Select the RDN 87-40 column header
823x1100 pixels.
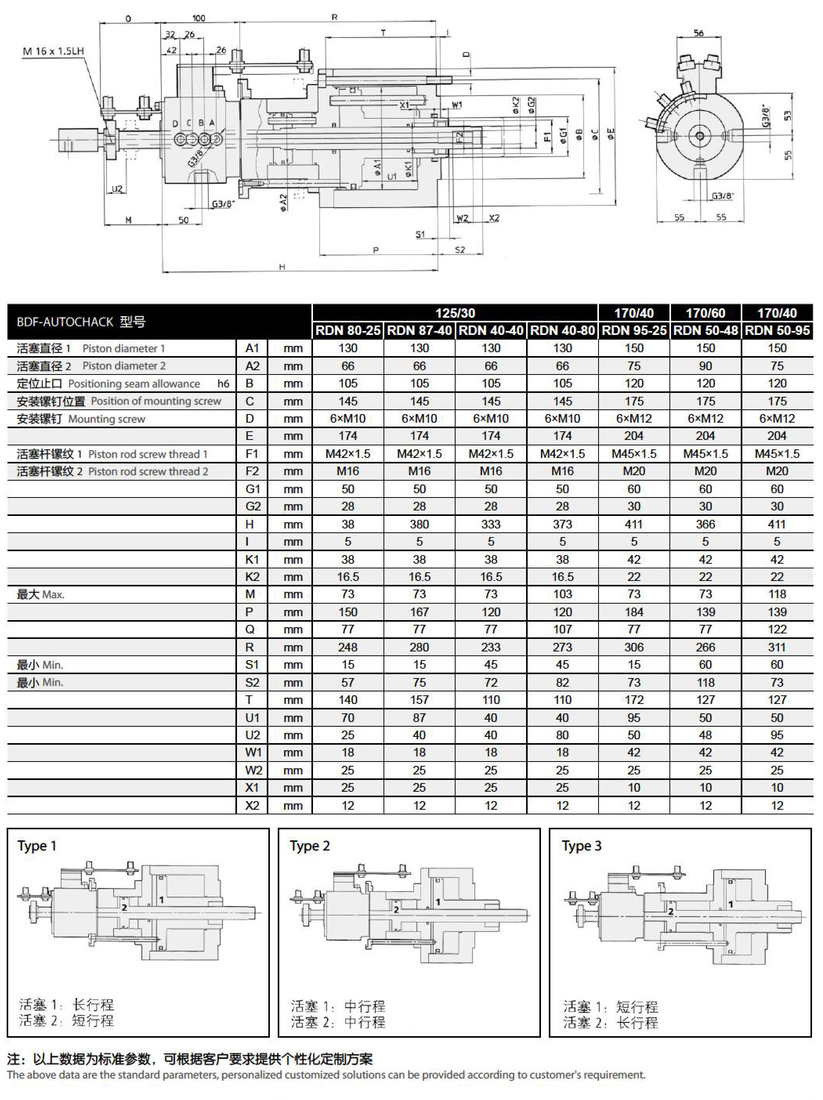419,330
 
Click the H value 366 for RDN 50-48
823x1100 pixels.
705,524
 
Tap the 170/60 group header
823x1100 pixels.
705,313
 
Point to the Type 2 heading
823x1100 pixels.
310,846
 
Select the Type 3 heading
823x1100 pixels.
581,846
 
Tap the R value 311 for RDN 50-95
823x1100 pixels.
777,648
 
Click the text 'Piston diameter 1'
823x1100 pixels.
123,348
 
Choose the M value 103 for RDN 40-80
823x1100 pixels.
562,594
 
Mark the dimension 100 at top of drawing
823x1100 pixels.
199,18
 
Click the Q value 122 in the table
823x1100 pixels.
777,630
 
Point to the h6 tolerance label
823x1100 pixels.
223,384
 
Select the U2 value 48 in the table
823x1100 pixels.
705,735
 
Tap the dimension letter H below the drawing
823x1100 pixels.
282,267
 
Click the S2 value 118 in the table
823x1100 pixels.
705,682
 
